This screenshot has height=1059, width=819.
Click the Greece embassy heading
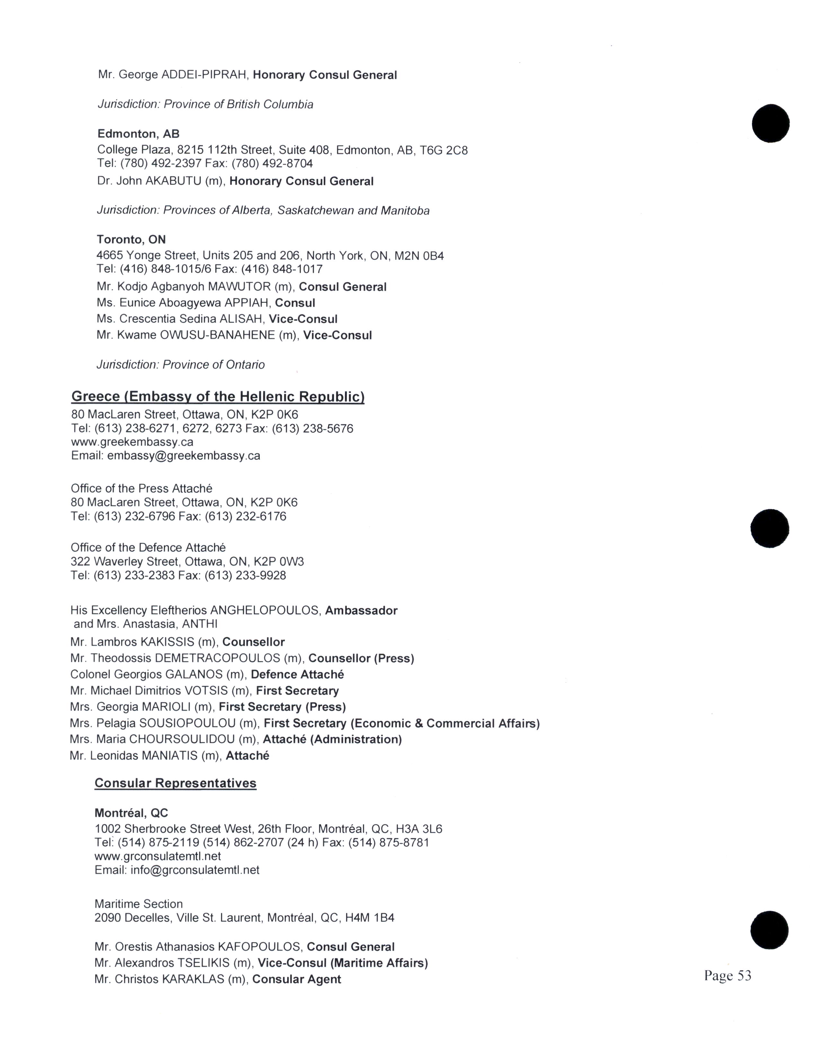click(218, 397)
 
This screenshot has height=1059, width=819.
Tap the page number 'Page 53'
click(727, 975)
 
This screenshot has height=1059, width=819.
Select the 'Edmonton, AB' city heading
click(138, 134)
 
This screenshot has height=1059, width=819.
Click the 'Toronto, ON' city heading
click(131, 239)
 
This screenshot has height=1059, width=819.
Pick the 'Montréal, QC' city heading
click(131, 813)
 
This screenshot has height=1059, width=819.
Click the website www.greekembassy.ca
click(132, 442)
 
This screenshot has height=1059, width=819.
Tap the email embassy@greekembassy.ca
click(183, 456)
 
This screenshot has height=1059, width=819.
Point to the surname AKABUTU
click(173, 181)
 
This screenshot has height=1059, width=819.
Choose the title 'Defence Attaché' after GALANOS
click(297, 675)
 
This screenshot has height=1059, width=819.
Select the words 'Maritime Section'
click(138, 904)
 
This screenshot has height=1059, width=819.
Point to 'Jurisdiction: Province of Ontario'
click(181, 365)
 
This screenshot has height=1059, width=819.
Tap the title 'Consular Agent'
click(296, 979)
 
